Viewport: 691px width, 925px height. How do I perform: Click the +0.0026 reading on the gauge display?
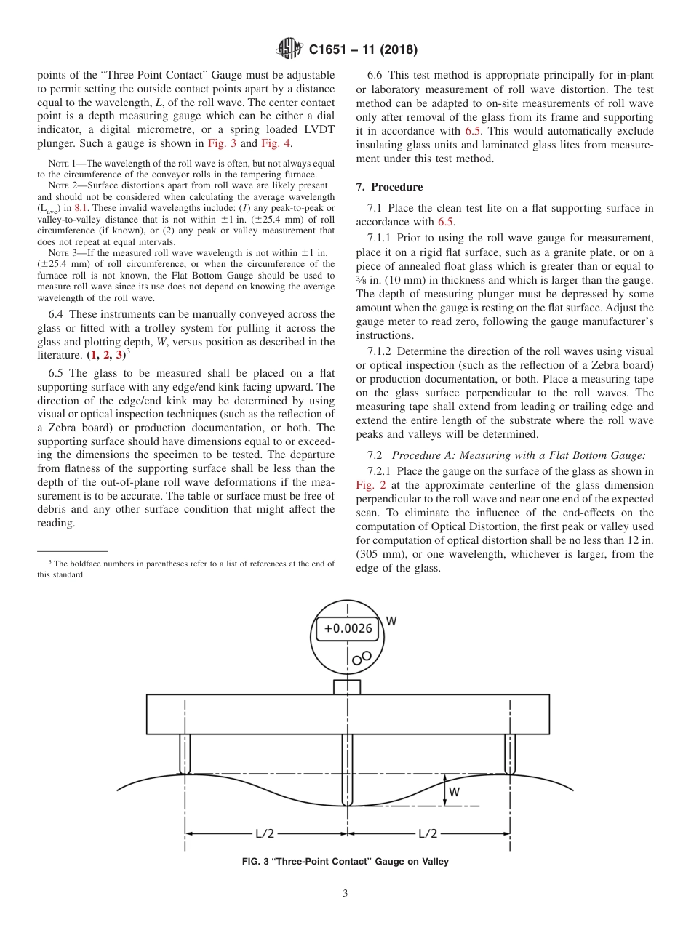pos(348,628)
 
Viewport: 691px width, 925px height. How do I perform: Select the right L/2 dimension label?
pos(427,833)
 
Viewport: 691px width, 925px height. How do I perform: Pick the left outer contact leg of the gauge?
pos(185,754)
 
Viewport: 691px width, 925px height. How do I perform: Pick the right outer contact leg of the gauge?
pos(509,754)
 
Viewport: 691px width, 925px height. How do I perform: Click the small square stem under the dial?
pos(347,686)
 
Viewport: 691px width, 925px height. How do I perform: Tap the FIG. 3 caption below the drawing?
pos(345,862)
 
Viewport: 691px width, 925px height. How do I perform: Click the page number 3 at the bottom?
pos(345,894)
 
